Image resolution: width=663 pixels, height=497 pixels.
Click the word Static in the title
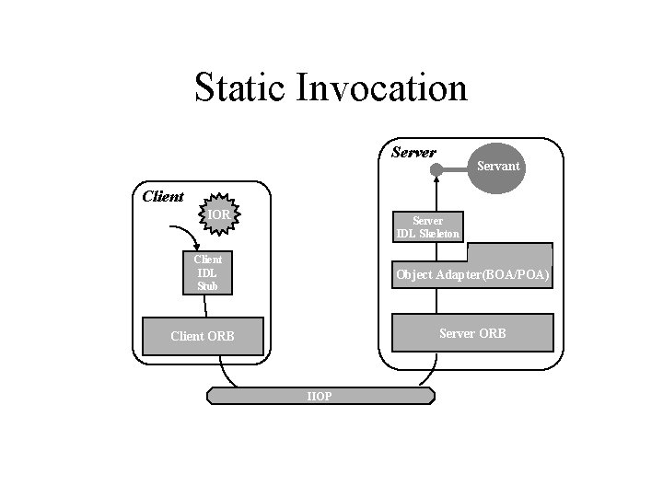click(x=241, y=88)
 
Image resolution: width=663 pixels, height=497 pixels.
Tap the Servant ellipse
click(x=498, y=167)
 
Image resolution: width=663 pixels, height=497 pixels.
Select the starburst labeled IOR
click(x=218, y=215)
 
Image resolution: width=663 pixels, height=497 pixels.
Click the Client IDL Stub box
click(x=207, y=273)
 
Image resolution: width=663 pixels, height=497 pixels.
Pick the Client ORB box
click(x=203, y=336)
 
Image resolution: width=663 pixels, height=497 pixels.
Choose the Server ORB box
click(x=472, y=333)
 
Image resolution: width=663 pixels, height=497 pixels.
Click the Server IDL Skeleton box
click(x=427, y=226)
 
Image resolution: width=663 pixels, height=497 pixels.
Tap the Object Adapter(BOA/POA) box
click(x=472, y=275)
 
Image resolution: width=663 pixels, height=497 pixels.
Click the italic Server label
click(x=413, y=152)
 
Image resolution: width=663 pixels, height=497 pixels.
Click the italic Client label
click(x=163, y=196)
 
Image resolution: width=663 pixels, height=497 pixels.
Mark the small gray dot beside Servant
click(x=437, y=168)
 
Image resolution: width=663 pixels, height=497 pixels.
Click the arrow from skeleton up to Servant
click(x=437, y=193)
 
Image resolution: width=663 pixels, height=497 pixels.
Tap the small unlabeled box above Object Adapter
click(x=509, y=253)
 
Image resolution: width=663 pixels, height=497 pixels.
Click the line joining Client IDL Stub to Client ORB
click(x=206, y=306)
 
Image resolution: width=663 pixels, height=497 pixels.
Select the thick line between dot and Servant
click(x=456, y=168)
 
